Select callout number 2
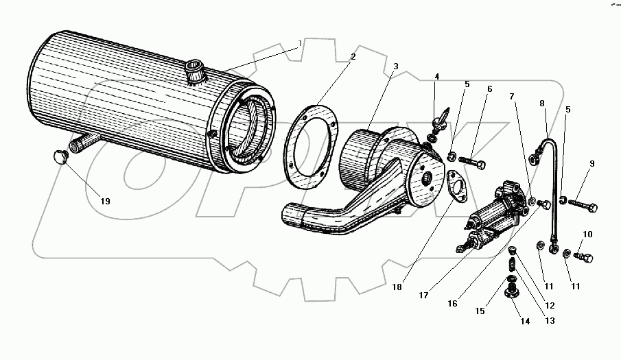coord(353,56)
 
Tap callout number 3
coord(395,67)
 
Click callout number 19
coord(105,201)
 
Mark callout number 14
coord(526,320)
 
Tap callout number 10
coord(587,235)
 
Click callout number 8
coord(542,104)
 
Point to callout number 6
coord(490,89)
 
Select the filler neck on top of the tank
coord(194,71)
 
